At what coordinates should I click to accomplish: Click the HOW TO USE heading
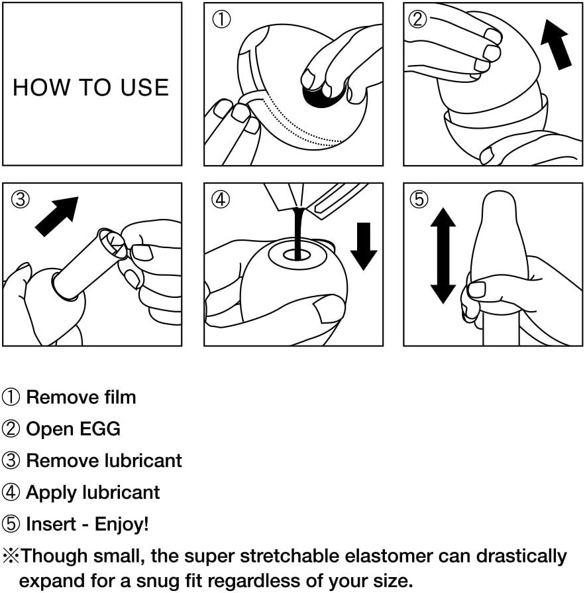click(91, 88)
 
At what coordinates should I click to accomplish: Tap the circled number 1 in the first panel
click(220, 19)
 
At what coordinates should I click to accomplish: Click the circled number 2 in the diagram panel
click(418, 19)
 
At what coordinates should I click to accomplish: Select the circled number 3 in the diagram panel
click(19, 198)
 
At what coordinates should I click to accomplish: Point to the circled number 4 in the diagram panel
click(220, 199)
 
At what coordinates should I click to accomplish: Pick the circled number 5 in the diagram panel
click(418, 199)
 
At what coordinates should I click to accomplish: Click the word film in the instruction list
click(119, 397)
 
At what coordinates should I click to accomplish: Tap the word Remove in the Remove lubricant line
click(62, 460)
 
